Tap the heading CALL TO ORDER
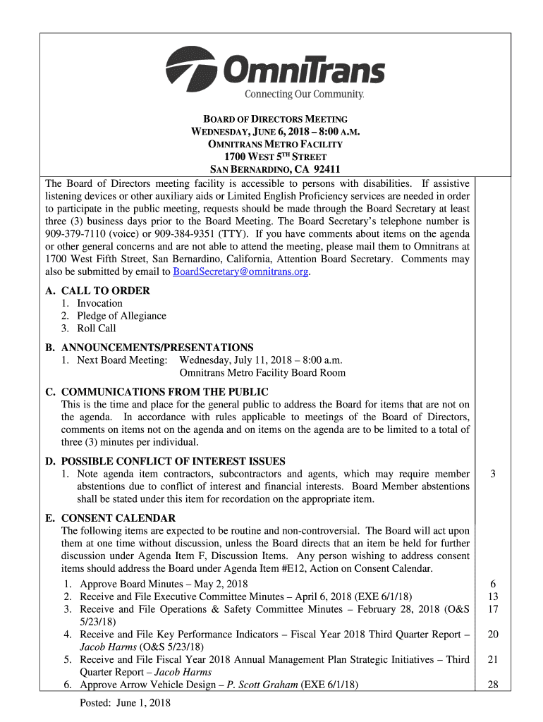[x=105, y=290]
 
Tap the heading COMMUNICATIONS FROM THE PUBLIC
[x=164, y=392]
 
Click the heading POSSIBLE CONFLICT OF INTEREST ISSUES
[x=173, y=461]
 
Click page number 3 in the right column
[x=494, y=474]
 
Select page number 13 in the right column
[x=494, y=596]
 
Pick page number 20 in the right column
[x=494, y=635]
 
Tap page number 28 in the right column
[x=494, y=685]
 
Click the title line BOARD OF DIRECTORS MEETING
[x=276, y=119]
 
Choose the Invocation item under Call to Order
[x=99, y=303]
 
